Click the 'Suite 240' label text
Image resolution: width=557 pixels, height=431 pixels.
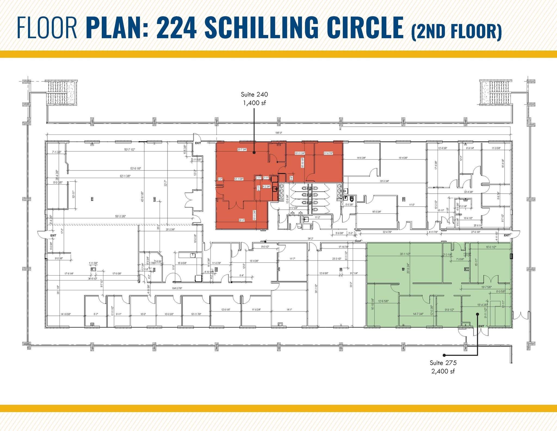254,94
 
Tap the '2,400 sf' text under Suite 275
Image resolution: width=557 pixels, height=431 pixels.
443,371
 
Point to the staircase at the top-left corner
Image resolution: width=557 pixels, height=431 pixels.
61,93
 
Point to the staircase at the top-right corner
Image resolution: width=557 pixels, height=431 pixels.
495,93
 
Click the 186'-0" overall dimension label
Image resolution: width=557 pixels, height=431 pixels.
279,133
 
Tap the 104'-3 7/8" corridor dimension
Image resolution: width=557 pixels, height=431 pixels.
177,288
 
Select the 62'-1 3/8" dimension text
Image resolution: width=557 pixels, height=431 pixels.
125,176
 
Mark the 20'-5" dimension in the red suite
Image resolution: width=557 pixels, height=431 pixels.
242,220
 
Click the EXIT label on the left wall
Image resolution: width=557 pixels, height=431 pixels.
53,236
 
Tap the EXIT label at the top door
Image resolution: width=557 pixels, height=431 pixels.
198,143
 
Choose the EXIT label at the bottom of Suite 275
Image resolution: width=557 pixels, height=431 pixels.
481,326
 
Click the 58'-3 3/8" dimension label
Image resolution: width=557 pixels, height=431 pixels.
120,216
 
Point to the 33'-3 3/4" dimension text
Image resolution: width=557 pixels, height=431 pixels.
384,181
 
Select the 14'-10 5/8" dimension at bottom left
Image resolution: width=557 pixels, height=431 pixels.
66,314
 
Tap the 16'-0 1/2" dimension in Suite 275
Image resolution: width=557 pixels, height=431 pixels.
491,247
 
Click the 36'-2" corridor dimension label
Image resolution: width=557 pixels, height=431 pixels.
310,239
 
